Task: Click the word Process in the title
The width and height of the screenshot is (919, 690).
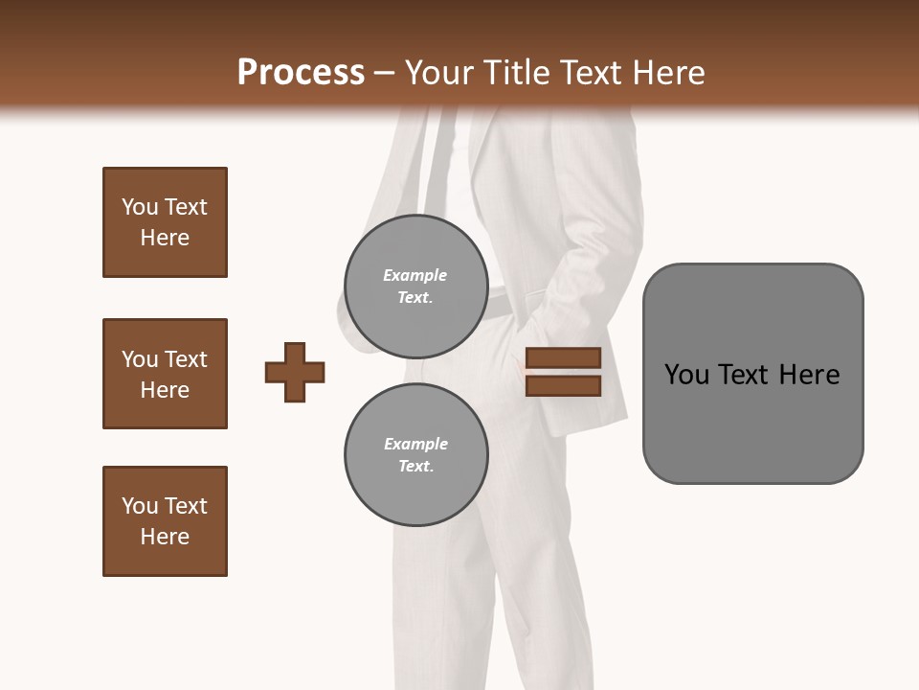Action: tap(301, 73)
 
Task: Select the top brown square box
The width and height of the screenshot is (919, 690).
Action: tap(165, 222)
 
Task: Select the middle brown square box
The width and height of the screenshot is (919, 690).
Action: tap(165, 374)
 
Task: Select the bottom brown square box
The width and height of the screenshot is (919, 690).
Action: tap(165, 521)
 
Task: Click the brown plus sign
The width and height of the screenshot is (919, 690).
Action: tap(295, 372)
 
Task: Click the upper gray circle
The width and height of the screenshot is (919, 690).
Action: tap(416, 287)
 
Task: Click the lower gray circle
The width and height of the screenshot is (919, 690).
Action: tap(416, 455)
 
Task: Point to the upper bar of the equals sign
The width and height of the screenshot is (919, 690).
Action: tap(563, 358)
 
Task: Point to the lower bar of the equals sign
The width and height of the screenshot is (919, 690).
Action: tap(563, 385)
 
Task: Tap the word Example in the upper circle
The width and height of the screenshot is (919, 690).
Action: tap(415, 275)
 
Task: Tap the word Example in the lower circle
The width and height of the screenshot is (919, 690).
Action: tap(415, 444)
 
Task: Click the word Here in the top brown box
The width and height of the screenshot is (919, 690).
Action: tap(165, 238)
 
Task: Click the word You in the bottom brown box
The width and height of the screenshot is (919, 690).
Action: tap(140, 506)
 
